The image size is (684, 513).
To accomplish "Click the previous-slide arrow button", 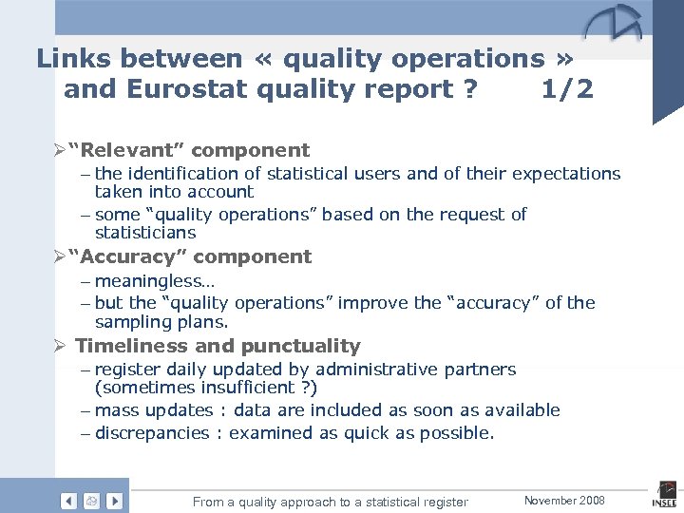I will tap(69, 501).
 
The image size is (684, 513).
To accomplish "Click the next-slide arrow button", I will tap(114, 501).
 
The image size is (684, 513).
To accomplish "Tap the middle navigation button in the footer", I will tap(91, 501).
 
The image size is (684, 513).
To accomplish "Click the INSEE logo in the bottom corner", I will tap(664, 497).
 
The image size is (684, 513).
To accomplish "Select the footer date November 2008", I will tap(564, 500).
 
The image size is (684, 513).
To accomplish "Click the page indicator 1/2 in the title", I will tap(567, 89).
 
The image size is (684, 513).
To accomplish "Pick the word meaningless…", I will tap(155, 281).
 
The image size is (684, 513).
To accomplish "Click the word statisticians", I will tap(145, 233).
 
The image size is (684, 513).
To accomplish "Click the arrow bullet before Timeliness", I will tap(60, 346).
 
